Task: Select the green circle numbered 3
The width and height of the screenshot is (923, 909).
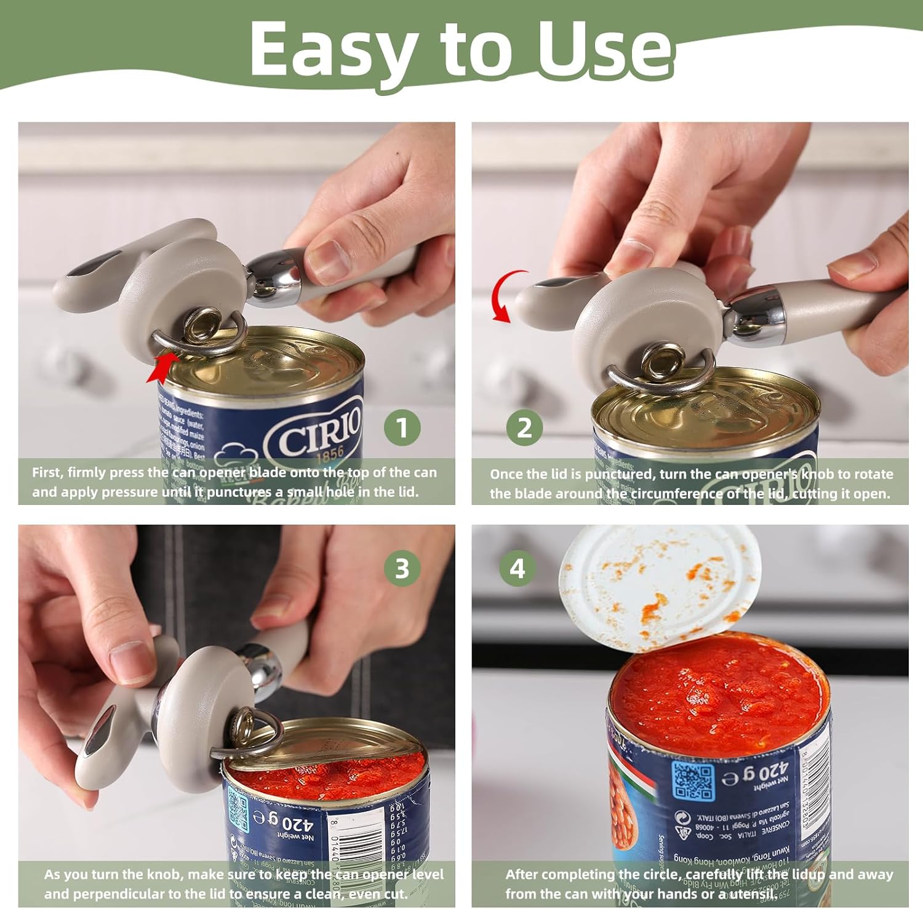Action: coord(402,568)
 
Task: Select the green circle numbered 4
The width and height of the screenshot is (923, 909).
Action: coord(517,568)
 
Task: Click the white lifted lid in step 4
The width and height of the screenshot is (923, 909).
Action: coord(658,584)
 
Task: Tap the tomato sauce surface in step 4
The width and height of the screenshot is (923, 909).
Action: coord(720,689)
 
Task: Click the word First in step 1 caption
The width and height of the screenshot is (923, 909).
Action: coord(47,473)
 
